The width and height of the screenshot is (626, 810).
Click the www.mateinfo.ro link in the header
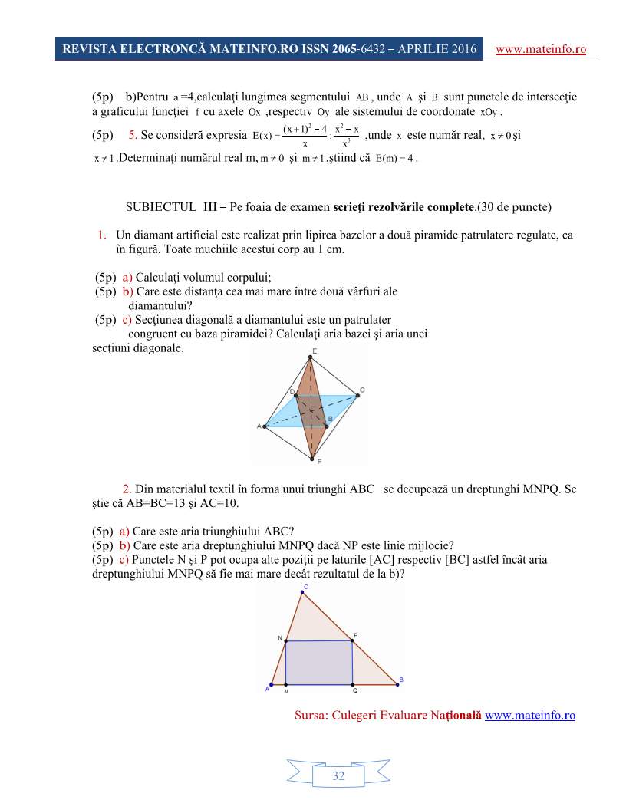(541, 50)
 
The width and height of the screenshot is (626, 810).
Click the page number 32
(338, 776)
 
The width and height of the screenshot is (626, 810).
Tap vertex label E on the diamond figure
(315, 351)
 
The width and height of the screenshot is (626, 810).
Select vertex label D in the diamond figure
(292, 392)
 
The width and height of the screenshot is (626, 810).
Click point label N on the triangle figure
(280, 637)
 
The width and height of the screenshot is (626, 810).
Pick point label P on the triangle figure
(355, 635)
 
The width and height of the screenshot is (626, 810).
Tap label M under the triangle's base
(286, 691)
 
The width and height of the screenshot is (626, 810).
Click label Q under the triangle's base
(354, 690)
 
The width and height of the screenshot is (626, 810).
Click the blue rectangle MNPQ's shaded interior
(318, 662)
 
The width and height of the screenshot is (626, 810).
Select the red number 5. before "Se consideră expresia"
(133, 136)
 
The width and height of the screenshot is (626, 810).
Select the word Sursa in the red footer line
(311, 715)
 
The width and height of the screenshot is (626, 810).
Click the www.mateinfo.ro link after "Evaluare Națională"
(530, 715)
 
